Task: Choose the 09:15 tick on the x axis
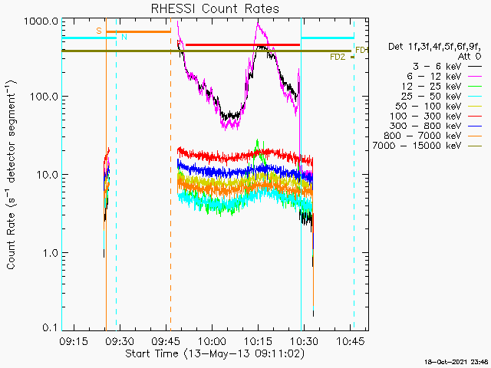[73, 341]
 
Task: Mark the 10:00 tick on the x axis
[212, 341]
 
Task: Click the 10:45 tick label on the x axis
[351, 341]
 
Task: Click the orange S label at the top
[99, 31]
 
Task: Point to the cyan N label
[124, 38]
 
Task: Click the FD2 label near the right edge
[337, 57]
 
